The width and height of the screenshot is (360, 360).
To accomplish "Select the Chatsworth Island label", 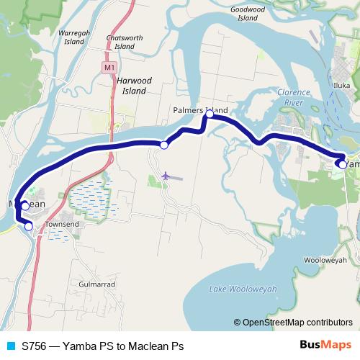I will click(124, 42).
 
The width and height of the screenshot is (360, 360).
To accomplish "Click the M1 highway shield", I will click(109, 68).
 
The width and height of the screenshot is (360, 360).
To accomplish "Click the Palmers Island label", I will click(200, 110).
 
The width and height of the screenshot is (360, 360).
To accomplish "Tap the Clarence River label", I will click(294, 96).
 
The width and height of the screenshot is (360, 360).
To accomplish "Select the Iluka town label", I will click(341, 85).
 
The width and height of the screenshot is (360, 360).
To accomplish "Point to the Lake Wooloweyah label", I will click(243, 289).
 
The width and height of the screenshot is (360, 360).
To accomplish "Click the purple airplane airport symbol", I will click(166, 175).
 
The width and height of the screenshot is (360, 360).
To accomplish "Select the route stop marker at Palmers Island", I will click(210, 114).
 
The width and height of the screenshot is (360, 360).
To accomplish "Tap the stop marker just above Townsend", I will click(29, 226).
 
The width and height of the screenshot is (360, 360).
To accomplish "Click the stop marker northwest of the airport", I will click(164, 145).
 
